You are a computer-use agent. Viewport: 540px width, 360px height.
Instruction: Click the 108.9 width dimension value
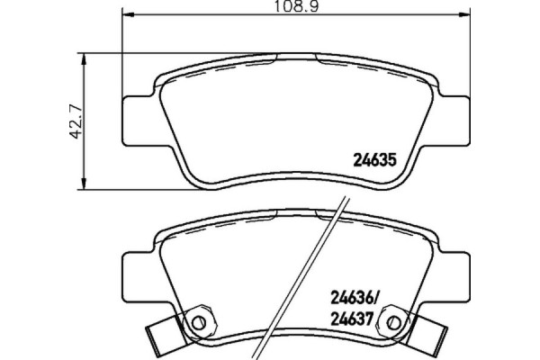tap(296, 6)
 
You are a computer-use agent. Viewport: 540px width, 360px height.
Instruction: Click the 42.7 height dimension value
tap(76, 121)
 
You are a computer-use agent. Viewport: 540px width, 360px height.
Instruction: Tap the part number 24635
tap(375, 160)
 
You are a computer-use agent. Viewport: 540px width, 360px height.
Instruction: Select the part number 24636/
tap(354, 297)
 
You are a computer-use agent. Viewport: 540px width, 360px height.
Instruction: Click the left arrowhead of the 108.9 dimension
tap(128, 14)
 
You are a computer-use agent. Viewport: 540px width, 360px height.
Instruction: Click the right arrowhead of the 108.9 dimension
tap(464, 14)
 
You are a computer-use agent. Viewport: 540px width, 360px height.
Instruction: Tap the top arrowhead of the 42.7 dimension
tap(83, 59)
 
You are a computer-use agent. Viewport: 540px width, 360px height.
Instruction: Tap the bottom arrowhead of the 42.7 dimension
tap(83, 184)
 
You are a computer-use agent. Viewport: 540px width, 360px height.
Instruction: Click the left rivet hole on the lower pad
tap(198, 322)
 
